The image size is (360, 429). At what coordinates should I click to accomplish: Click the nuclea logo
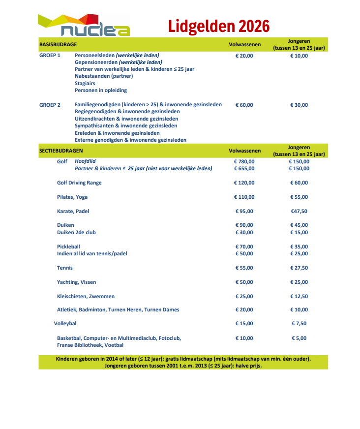(x=84, y=26)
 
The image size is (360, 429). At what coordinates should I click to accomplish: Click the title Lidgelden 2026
(x=219, y=25)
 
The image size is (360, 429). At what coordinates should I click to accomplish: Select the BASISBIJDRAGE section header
(x=58, y=44)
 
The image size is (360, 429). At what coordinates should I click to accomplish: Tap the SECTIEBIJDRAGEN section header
(x=61, y=151)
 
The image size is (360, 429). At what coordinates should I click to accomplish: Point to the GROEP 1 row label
(x=50, y=56)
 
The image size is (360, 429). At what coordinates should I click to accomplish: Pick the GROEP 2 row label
(x=50, y=105)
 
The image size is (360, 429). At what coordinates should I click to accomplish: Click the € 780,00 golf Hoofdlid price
(x=244, y=161)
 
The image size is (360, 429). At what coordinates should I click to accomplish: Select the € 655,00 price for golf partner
(x=244, y=168)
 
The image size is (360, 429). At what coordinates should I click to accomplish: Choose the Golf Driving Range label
(x=79, y=183)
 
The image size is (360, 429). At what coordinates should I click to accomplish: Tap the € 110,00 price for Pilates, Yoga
(x=244, y=197)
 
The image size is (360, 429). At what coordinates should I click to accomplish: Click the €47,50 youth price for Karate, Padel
(x=299, y=211)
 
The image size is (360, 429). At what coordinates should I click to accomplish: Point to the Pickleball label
(x=68, y=246)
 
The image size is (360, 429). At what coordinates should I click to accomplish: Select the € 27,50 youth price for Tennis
(x=299, y=268)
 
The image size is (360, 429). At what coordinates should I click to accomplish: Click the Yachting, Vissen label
(x=77, y=282)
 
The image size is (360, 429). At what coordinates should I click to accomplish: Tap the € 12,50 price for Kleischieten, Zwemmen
(x=299, y=296)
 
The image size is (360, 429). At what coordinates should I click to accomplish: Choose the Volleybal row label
(x=65, y=323)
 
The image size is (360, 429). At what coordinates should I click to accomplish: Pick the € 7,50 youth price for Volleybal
(x=299, y=323)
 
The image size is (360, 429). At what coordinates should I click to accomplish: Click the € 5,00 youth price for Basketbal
(x=299, y=338)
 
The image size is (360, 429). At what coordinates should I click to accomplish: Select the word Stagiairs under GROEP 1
(x=85, y=83)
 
